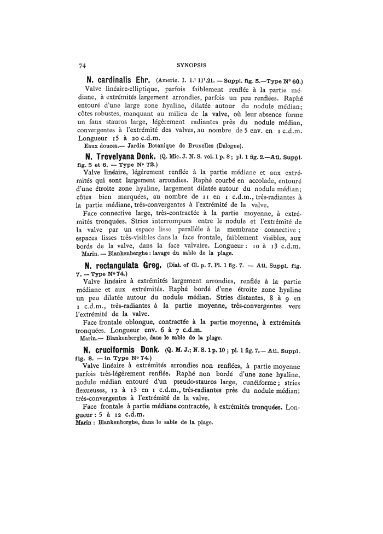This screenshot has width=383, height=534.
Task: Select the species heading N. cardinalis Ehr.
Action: coord(115,80)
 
